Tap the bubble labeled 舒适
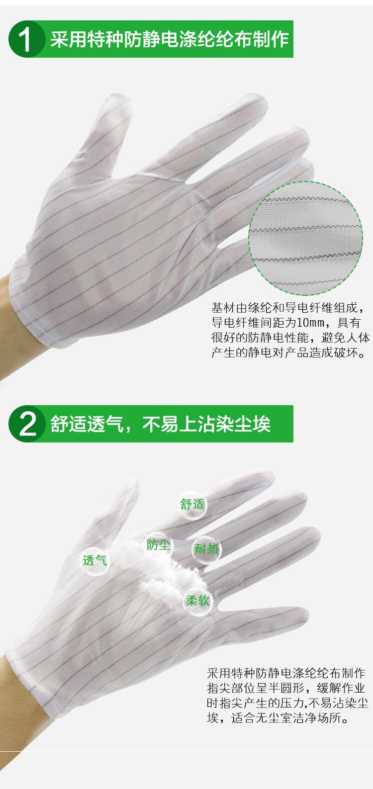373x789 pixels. (192, 504)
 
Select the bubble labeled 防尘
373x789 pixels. (158, 545)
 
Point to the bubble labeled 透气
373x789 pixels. (94, 561)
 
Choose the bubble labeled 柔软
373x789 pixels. (198, 601)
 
